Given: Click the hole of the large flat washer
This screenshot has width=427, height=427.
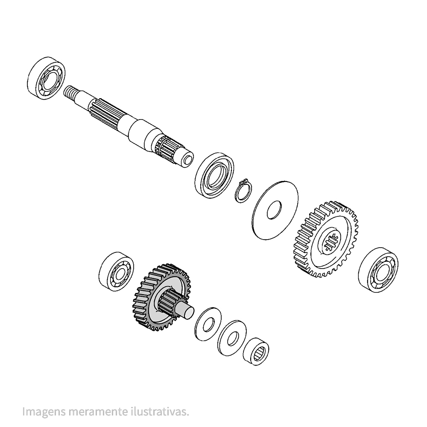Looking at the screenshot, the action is click(275, 210).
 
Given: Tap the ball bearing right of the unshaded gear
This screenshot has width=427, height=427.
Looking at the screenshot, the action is click(378, 269).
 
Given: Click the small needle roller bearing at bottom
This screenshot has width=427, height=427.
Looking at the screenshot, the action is click(256, 351).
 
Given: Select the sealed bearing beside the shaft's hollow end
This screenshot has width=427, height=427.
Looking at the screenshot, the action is click(215, 175).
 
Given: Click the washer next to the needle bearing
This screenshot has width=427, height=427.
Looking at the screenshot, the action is click(232, 338).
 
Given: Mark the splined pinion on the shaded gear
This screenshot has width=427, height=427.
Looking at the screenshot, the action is click(169, 303).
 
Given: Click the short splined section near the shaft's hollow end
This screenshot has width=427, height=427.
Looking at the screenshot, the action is click(166, 148).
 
